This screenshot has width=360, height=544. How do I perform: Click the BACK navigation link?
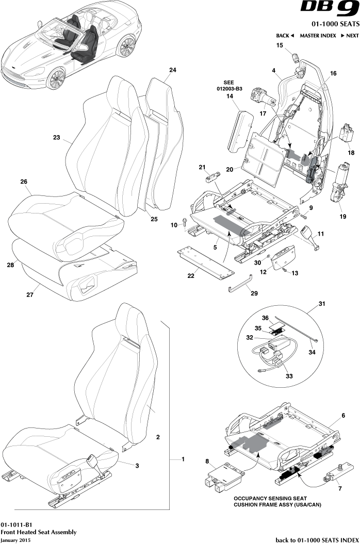click(285, 36)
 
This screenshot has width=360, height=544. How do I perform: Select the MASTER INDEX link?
click(318, 36)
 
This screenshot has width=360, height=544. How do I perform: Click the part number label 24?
click(172, 70)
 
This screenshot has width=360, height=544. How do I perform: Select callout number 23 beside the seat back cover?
click(56, 138)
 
